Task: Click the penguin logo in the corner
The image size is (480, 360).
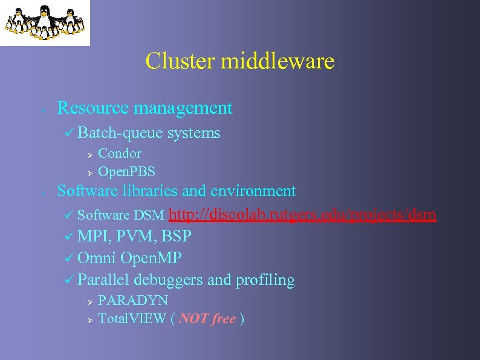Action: [45, 22]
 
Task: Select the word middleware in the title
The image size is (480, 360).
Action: [277, 61]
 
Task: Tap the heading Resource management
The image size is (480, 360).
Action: [144, 108]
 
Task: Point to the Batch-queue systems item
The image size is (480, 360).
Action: [149, 133]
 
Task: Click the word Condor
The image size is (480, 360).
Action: [120, 154]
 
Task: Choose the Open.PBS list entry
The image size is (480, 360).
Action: [126, 172]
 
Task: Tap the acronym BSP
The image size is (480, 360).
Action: [177, 236]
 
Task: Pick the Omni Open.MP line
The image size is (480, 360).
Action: [129, 258]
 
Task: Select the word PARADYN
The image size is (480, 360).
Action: [133, 301]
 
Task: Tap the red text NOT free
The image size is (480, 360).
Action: [207, 319]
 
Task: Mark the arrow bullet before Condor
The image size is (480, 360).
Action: [88, 154]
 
